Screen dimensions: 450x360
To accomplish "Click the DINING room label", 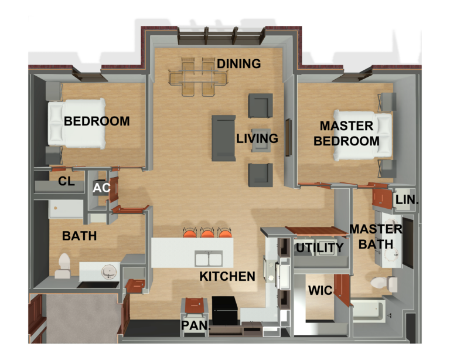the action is [x=239, y=64].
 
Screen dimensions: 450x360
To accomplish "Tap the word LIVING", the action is [x=257, y=138].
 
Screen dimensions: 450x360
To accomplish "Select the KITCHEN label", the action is [x=227, y=277].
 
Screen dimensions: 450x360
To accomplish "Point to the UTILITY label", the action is [x=320, y=248].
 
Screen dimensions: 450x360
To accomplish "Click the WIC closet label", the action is [x=321, y=291].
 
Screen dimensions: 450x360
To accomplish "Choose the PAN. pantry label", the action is [x=196, y=325].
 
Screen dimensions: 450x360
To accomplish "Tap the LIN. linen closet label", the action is [x=407, y=200].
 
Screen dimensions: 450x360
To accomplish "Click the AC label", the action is [x=101, y=188].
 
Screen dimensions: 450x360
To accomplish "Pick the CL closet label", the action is [x=66, y=181].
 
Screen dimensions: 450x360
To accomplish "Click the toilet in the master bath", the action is [x=384, y=283].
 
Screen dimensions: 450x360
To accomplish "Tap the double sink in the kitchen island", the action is [x=209, y=259].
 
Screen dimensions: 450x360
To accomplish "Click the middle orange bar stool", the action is [x=207, y=233].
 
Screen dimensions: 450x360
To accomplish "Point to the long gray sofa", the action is [x=224, y=138].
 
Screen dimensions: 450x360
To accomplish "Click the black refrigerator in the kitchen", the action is [x=225, y=311].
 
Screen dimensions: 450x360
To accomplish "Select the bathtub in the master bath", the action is [x=368, y=310].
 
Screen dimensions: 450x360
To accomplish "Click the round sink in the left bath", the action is [x=110, y=271].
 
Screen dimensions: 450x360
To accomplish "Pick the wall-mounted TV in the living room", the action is [x=288, y=138].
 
